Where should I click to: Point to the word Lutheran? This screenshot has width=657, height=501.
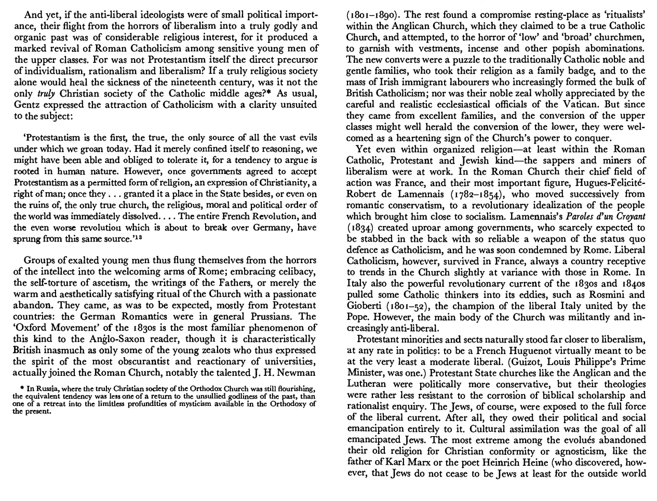[367, 385]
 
